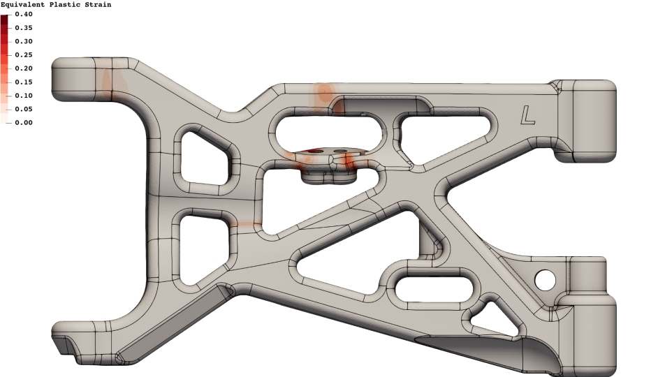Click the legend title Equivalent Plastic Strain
56,5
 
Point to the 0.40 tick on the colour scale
24,15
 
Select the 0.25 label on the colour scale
24,55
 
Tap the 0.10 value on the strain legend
24,96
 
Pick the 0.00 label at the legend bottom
24,123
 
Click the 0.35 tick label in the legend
24,28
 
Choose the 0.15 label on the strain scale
24,82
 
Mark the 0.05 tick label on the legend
24,110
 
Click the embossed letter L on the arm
528,116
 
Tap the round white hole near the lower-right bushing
545,279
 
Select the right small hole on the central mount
340,151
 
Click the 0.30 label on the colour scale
24,42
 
